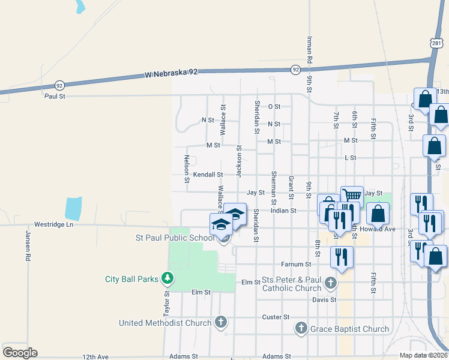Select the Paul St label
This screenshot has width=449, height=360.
point(54,95)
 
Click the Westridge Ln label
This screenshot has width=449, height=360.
point(53,224)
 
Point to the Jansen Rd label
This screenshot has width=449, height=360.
point(28,246)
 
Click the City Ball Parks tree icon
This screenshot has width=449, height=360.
point(167,278)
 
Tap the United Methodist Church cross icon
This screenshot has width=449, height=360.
point(220,323)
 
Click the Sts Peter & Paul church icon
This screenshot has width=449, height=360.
point(330,282)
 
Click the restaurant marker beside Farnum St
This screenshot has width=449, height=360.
point(342,256)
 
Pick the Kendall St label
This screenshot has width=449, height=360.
point(208,175)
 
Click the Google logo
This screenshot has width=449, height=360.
point(20,353)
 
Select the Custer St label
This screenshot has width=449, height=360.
point(276,317)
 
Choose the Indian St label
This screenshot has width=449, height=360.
point(283,211)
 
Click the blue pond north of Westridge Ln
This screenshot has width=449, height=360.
point(73,208)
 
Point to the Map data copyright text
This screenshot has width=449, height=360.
point(423,356)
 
